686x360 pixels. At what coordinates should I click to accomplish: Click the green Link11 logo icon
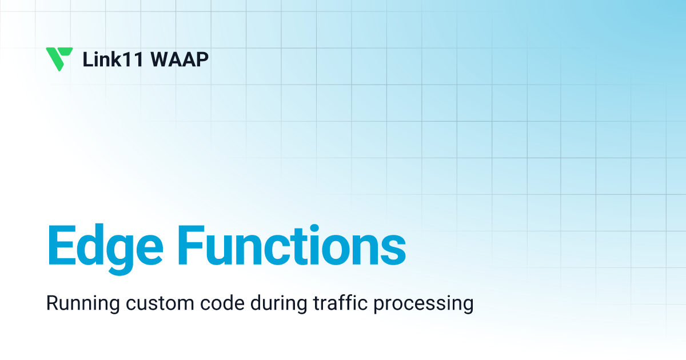point(59,59)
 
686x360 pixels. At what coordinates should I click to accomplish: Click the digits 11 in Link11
point(127,59)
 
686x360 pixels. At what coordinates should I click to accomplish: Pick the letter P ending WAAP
point(202,59)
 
